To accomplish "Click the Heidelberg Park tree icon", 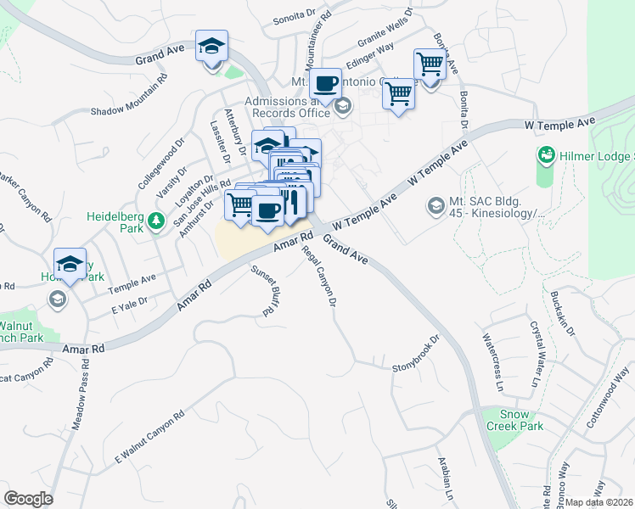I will click(155, 221).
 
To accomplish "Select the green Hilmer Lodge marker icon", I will click(546, 155).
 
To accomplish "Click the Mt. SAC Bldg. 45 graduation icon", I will click(436, 205).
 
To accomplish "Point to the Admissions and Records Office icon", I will click(343, 106).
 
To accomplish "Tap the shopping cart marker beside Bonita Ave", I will click(430, 63).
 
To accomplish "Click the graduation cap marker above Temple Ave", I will click(70, 263).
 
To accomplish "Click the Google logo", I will click(28, 498).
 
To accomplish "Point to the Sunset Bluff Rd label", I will click(265, 289).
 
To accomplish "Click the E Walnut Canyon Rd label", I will click(149, 439).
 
